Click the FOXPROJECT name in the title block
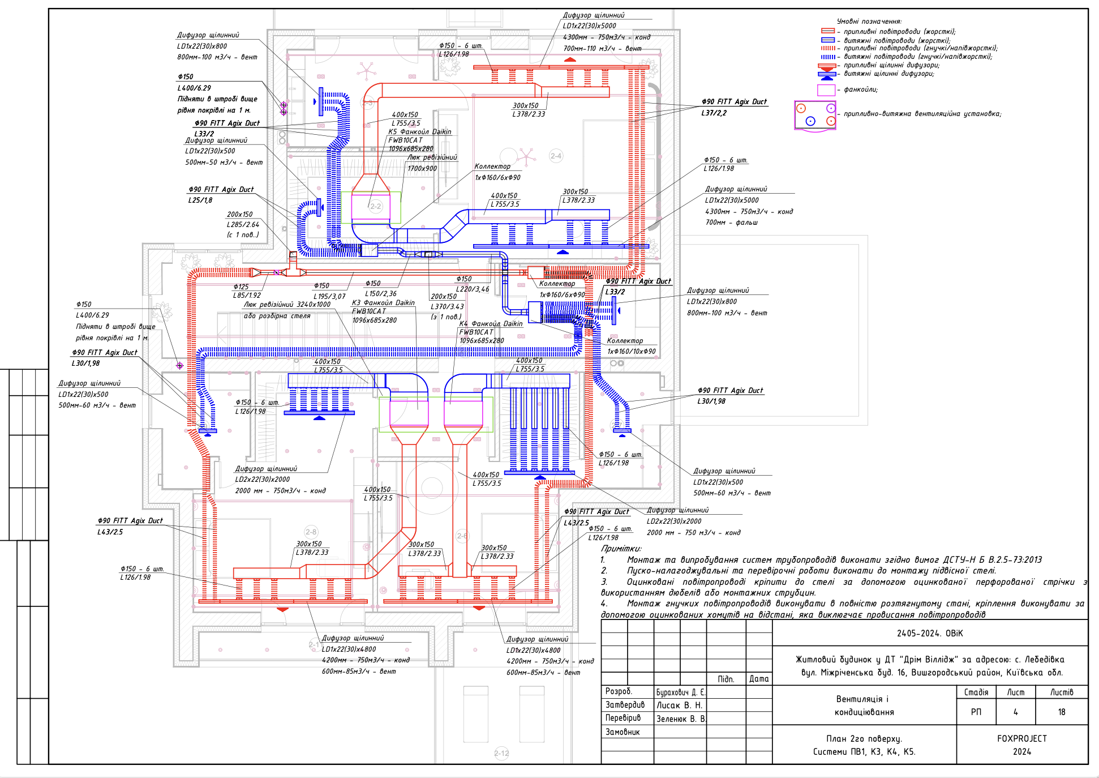click(1021, 738)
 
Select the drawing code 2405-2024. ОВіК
click(929, 633)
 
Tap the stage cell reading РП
click(976, 712)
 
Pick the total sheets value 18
click(1061, 712)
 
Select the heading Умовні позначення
click(869, 22)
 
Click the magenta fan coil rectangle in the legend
click(826, 89)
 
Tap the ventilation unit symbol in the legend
click(815, 115)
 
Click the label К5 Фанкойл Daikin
click(419, 131)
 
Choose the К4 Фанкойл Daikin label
click(491, 323)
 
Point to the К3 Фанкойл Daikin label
click(383, 302)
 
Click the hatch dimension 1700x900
click(422, 168)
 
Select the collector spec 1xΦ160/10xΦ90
click(631, 351)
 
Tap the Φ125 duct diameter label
click(241, 287)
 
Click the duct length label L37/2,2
click(714, 113)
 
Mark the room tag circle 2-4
click(556, 156)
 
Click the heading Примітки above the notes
click(621, 548)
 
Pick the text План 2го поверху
click(864, 738)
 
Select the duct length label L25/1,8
click(200, 200)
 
